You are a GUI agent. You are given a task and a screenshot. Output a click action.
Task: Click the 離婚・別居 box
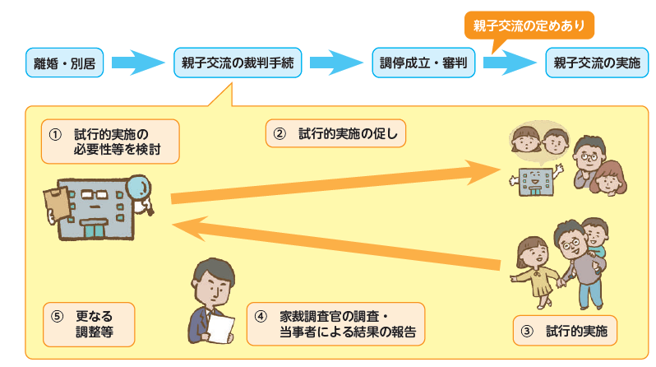[64, 62]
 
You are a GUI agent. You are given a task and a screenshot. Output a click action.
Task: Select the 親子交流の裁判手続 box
[237, 62]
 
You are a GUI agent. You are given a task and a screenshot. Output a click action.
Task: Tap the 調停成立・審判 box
[422, 62]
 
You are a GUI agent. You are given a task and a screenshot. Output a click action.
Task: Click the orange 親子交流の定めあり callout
[529, 26]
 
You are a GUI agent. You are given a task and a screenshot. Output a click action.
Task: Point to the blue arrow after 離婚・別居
[137, 62]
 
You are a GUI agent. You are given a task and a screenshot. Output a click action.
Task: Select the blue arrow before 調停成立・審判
[335, 62]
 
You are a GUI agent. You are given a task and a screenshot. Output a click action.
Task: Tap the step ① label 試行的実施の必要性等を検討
[110, 142]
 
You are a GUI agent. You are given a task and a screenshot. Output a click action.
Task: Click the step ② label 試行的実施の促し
[336, 132]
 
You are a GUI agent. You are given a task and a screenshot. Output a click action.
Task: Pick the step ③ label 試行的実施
[565, 332]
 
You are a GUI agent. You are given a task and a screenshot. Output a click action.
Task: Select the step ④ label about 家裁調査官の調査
[335, 324]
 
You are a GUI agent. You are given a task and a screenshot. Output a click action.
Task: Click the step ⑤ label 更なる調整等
[89, 323]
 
